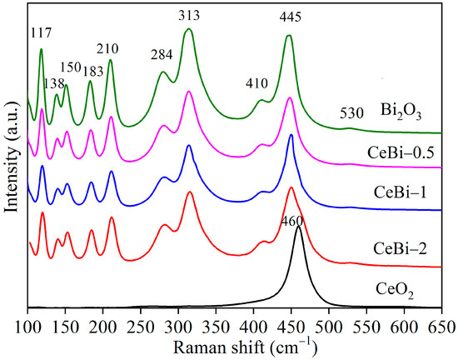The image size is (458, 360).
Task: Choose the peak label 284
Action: point(162,55)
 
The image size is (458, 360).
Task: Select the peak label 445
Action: point(289,17)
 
